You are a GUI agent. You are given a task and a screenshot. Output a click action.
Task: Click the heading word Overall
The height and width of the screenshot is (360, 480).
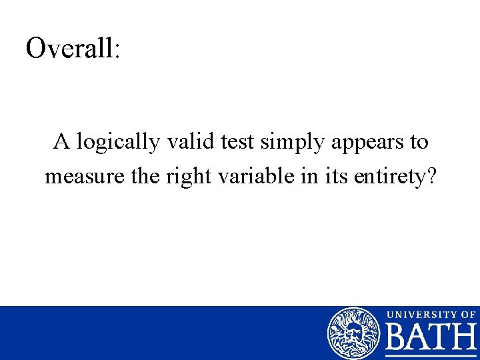[69, 48]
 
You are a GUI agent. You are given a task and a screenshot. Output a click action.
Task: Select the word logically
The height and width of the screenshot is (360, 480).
[117, 143]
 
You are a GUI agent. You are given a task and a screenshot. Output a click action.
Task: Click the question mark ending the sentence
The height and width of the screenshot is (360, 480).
[430, 176]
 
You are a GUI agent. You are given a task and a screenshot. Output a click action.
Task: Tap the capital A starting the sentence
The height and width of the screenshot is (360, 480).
[62, 141]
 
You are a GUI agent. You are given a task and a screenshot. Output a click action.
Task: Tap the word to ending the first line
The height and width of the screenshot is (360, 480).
[419, 142]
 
